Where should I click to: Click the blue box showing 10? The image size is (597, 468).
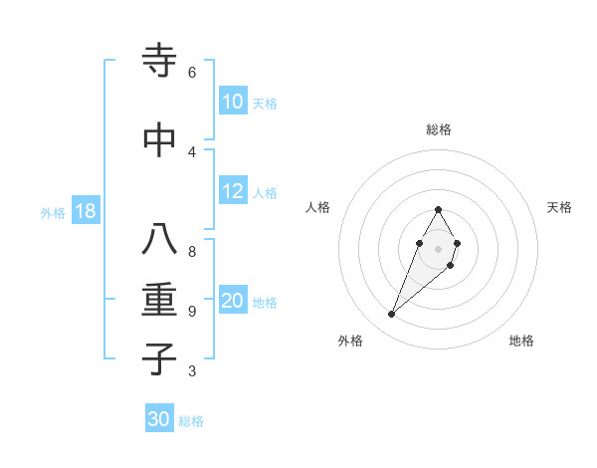[x=232, y=102]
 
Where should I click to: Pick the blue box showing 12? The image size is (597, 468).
[x=232, y=191]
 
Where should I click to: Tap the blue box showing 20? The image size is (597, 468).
[x=232, y=302]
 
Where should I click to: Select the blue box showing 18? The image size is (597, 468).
[x=85, y=212]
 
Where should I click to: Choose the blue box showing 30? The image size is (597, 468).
[x=159, y=419]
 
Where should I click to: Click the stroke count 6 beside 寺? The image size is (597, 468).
[x=191, y=73]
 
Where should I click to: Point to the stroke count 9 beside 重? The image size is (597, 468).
[x=191, y=312]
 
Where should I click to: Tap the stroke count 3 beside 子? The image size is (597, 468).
[x=191, y=371]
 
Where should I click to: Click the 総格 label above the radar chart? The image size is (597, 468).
[x=438, y=129]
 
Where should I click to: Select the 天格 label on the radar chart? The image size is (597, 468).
[x=559, y=207]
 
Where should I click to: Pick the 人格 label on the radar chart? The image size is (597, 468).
[x=317, y=207]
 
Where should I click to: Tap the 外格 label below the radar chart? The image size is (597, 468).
[x=349, y=341]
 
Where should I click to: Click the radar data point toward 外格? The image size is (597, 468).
[x=392, y=315]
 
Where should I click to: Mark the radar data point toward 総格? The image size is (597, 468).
[x=438, y=209]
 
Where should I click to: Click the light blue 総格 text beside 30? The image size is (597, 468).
[x=191, y=421]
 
